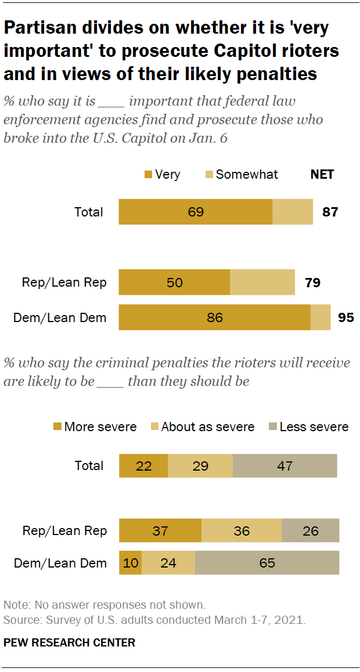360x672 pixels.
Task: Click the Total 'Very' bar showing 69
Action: (196, 212)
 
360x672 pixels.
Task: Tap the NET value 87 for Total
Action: (330, 212)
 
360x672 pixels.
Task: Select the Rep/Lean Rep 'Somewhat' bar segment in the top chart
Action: (262, 283)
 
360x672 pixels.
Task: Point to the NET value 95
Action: (346, 317)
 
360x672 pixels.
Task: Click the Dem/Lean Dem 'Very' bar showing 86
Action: (215, 317)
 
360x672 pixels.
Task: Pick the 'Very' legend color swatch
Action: (148, 174)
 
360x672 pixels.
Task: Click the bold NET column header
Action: (322, 174)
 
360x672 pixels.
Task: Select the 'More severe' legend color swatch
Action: (57, 427)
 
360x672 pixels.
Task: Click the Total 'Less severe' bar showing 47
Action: (285, 465)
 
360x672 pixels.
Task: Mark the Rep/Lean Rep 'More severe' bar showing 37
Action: (160, 530)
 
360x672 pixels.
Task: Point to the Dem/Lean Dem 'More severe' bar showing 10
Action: (130, 563)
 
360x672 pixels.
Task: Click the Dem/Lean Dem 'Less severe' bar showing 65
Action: (267, 563)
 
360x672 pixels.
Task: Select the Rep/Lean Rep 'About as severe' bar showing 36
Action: (242, 530)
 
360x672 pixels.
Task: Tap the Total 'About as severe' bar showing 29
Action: (200, 465)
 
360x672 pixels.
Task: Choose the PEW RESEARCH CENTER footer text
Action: (69, 642)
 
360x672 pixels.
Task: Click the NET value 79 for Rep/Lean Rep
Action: (312, 283)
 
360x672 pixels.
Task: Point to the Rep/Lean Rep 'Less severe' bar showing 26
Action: (310, 530)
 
